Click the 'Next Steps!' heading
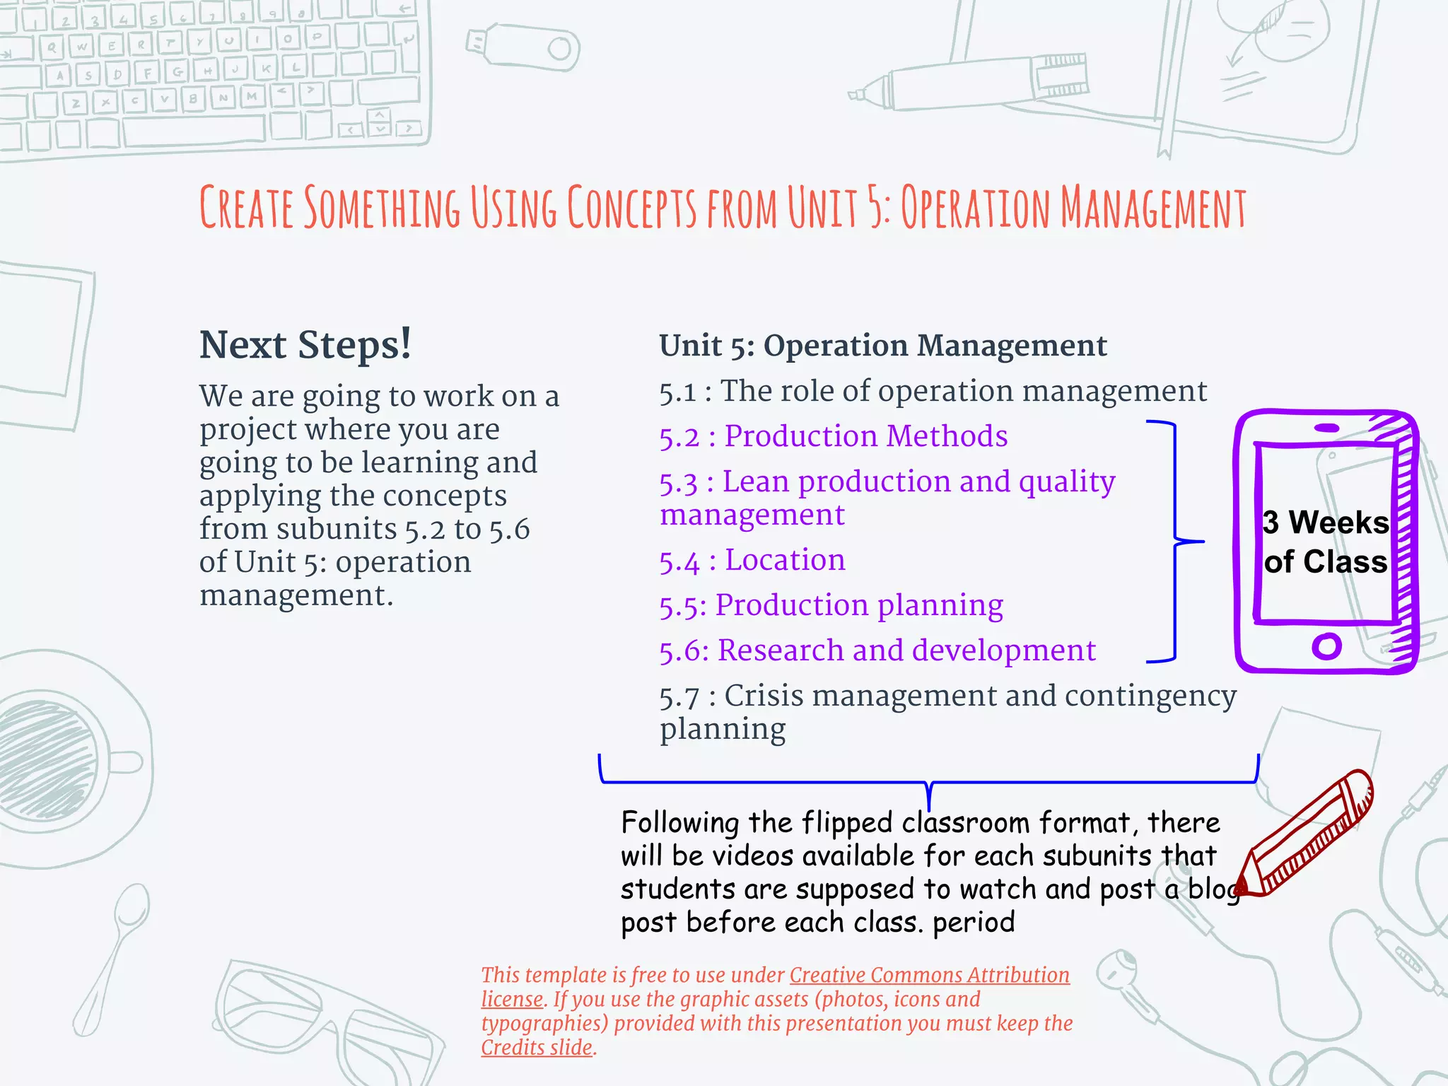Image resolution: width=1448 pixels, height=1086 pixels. coord(305,345)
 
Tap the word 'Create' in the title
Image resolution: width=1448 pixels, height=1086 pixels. coord(245,207)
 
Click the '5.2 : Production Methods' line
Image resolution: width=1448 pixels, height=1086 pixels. coord(833,436)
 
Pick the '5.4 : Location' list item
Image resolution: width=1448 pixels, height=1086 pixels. coord(752,560)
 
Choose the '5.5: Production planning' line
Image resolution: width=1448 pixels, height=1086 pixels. coord(831,606)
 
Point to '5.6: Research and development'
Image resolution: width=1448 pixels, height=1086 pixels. coord(877,651)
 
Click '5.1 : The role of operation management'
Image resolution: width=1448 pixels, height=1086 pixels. coord(933,391)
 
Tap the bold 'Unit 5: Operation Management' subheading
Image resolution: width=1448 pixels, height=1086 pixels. coord(882,346)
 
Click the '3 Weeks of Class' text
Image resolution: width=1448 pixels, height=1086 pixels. coord(1326,542)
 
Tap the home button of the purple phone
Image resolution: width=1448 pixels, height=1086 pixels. coord(1326,646)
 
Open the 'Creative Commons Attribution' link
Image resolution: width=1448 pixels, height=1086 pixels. coord(929,975)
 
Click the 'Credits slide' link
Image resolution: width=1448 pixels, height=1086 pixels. coord(537,1048)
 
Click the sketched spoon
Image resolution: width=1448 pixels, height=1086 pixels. coord(113,954)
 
